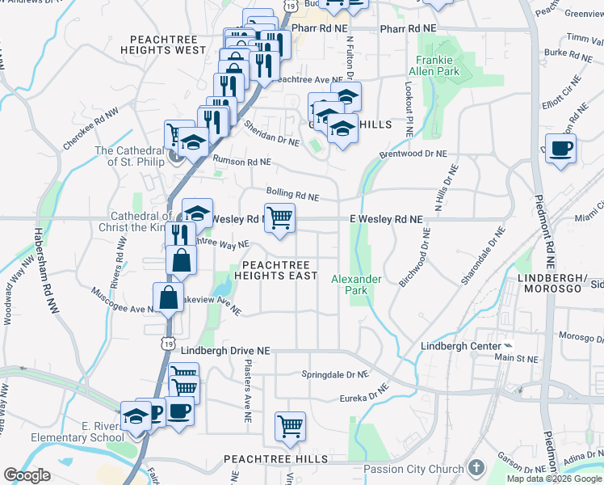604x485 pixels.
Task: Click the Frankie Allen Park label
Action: click(x=438, y=65)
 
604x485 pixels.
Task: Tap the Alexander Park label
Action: click(x=356, y=285)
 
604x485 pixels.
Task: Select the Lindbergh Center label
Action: click(x=457, y=346)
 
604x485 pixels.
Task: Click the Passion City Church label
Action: click(x=413, y=469)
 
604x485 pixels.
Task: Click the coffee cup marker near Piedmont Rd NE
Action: click(x=560, y=148)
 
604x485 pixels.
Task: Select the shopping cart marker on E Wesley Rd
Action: click(x=279, y=217)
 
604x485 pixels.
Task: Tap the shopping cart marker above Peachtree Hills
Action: click(x=290, y=424)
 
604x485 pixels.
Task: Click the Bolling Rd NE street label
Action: click(x=293, y=196)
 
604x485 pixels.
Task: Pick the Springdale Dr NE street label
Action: click(x=334, y=375)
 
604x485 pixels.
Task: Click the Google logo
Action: click(x=27, y=474)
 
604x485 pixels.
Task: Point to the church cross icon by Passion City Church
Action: click(x=476, y=468)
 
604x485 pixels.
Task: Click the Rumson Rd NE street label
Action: click(x=241, y=162)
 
